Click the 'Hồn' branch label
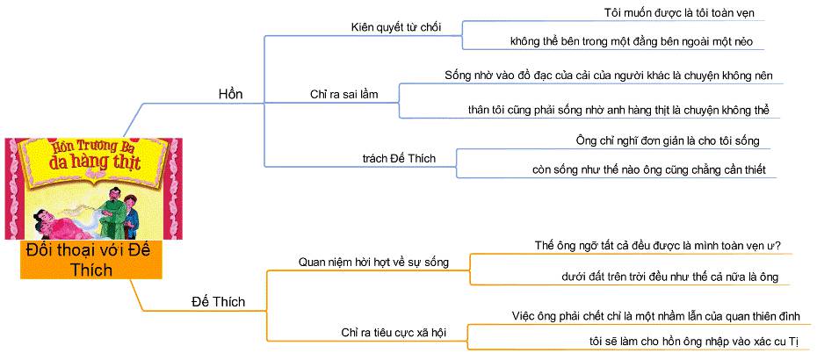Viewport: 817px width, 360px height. [230, 94]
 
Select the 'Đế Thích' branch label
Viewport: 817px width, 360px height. [218, 302]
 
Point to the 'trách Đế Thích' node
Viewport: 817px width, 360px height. [399, 158]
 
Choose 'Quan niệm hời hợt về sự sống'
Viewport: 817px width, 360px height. [373, 262]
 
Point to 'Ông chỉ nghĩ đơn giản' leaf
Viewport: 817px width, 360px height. [661, 140]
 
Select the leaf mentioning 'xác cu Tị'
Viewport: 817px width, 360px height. [687, 341]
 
